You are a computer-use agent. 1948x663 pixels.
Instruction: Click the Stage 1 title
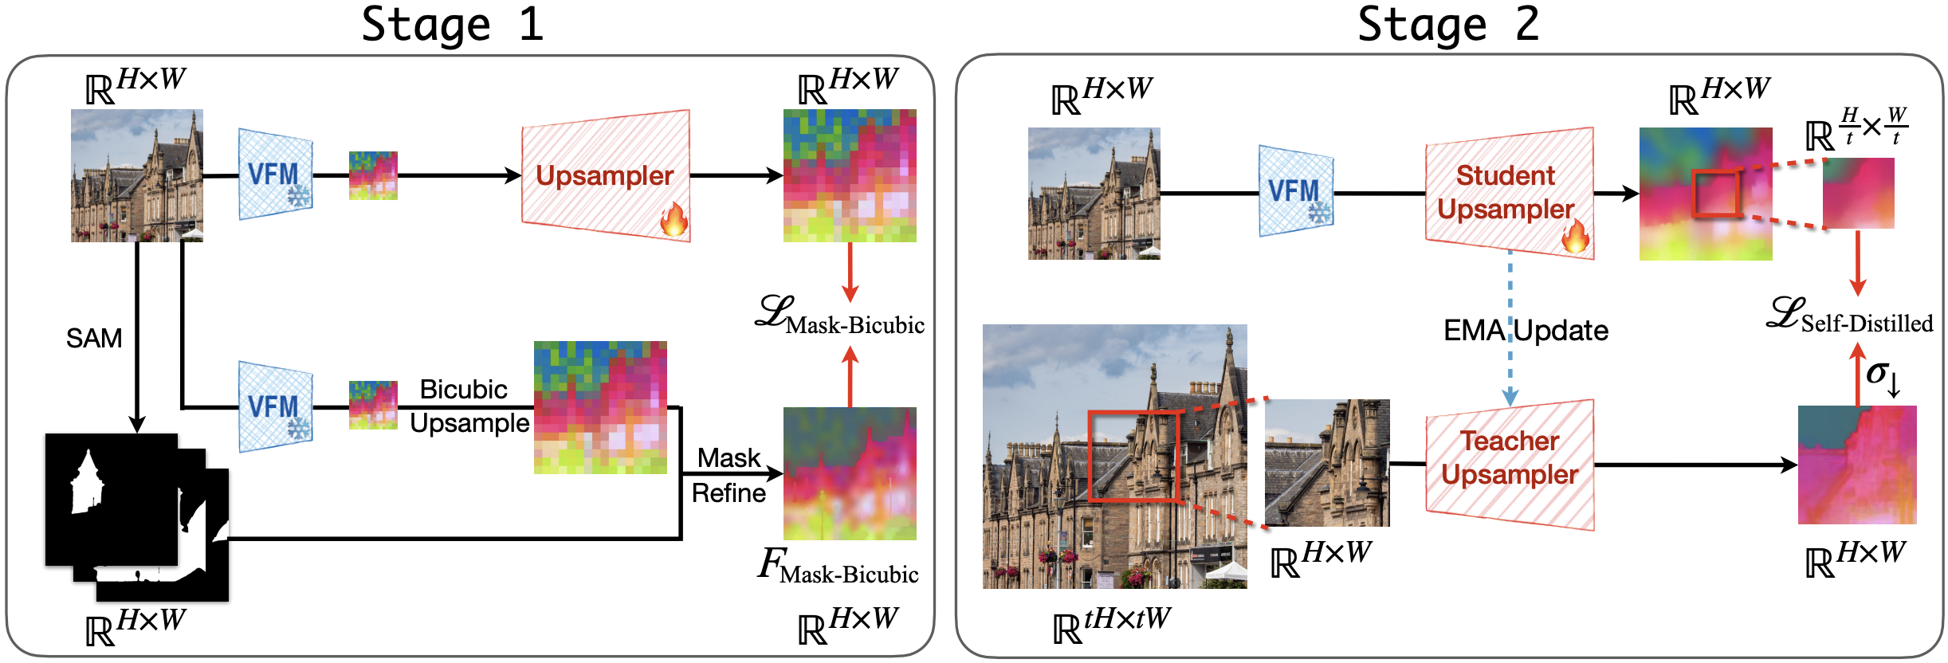pyautogui.click(x=452, y=25)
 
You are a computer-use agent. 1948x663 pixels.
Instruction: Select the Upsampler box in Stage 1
pyautogui.click(x=605, y=175)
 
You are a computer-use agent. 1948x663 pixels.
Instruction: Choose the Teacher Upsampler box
pyautogui.click(x=1510, y=465)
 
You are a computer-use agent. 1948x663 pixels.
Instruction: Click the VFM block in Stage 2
pyautogui.click(x=1295, y=191)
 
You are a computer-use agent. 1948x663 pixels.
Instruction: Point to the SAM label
pyautogui.click(x=94, y=338)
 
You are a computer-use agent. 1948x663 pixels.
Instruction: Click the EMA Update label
pyautogui.click(x=1526, y=331)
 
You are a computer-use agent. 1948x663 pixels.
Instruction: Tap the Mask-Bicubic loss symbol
pyautogui.click(x=840, y=316)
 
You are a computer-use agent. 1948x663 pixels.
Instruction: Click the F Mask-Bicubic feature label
pyautogui.click(x=838, y=567)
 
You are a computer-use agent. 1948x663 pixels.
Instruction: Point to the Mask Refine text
pyautogui.click(x=729, y=476)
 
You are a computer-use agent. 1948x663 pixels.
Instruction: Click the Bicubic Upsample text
pyautogui.click(x=468, y=406)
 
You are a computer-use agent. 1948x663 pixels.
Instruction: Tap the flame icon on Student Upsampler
pyautogui.click(x=1575, y=237)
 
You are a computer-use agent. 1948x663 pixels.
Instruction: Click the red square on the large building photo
pyautogui.click(x=1133, y=456)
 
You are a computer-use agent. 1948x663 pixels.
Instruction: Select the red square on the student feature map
pyautogui.click(x=1716, y=194)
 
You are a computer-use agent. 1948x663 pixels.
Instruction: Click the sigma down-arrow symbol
pyautogui.click(x=1883, y=377)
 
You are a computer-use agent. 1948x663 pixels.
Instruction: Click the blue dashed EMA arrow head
pyautogui.click(x=1510, y=397)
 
